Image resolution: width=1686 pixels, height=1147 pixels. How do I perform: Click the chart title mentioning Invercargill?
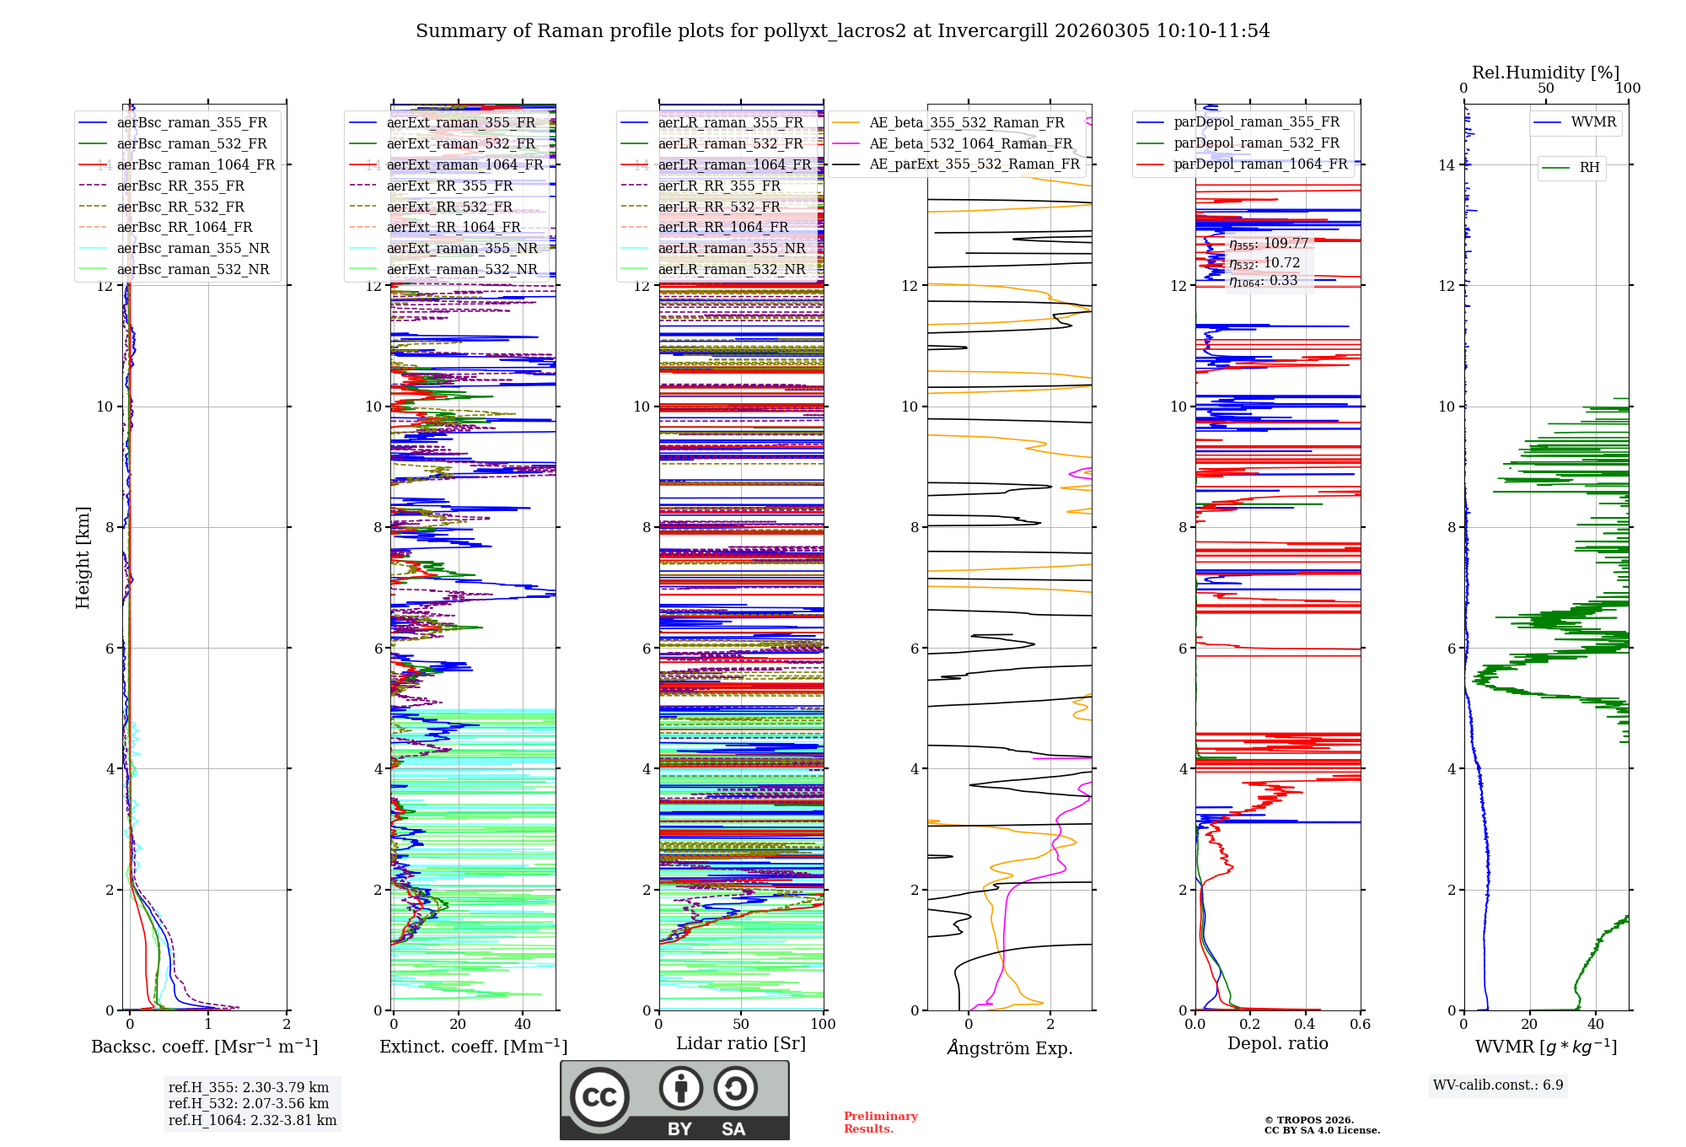[842, 31]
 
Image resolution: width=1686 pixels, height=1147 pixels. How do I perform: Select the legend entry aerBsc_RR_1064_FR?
[185, 228]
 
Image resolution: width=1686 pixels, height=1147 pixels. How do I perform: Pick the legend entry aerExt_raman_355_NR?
[462, 249]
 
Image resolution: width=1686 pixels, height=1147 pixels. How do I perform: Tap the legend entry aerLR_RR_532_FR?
[719, 207]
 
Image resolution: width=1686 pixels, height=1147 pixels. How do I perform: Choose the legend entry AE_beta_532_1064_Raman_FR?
[970, 144]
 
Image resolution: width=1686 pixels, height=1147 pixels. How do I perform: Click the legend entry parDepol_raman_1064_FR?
[1260, 164]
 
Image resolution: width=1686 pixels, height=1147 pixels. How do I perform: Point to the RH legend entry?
[1589, 168]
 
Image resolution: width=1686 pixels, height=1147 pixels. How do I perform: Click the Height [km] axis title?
[83, 557]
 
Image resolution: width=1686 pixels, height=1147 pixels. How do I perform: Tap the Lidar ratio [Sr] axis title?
[741, 1044]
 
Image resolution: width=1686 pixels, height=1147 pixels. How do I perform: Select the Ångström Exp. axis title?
[1009, 1048]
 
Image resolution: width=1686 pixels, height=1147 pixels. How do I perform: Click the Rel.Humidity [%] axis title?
[1545, 73]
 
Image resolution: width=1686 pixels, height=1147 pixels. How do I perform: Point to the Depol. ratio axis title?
[1277, 1044]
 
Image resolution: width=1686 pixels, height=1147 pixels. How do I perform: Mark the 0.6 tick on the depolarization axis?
[1360, 1025]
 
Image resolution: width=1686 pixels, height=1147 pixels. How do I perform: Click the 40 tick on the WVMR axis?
[1595, 1025]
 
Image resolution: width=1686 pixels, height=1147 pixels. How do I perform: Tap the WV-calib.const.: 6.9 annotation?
[1498, 1085]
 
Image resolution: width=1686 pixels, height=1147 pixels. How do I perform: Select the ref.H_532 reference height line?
[249, 1104]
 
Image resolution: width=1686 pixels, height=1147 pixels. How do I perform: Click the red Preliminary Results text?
[880, 1123]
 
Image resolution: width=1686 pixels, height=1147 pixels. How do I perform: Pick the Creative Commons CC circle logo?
[599, 1097]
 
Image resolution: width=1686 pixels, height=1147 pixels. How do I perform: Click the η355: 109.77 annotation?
[1269, 244]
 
